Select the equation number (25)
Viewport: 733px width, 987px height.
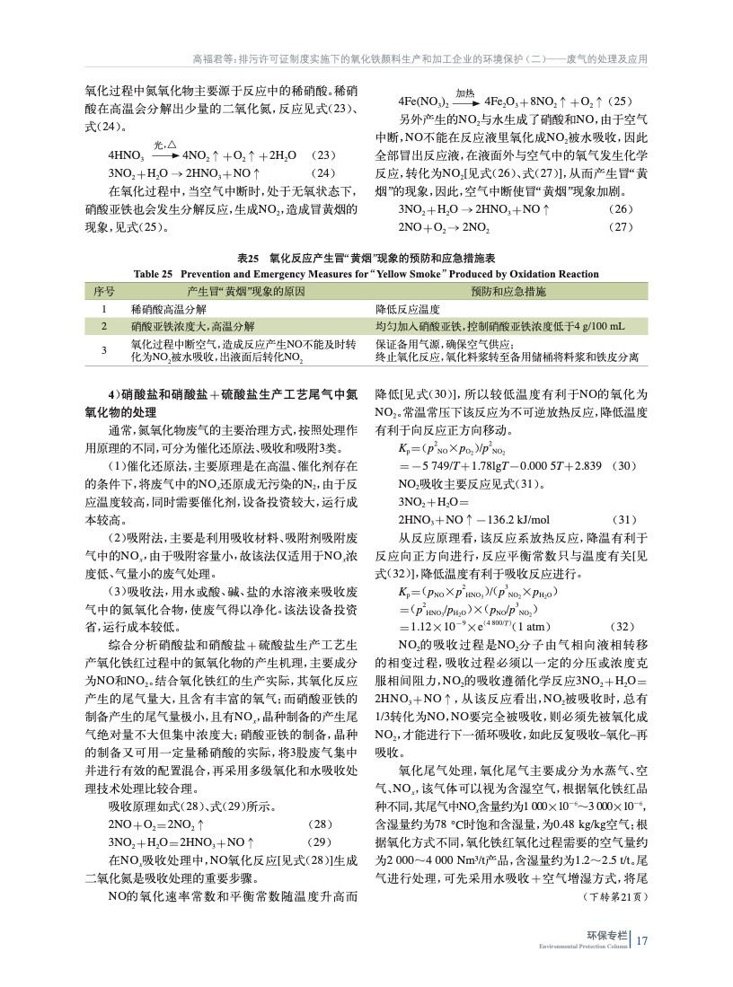619,101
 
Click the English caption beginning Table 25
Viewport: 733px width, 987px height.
366,274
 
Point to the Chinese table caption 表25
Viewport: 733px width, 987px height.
366,259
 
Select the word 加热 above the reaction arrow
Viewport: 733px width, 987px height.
465,93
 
